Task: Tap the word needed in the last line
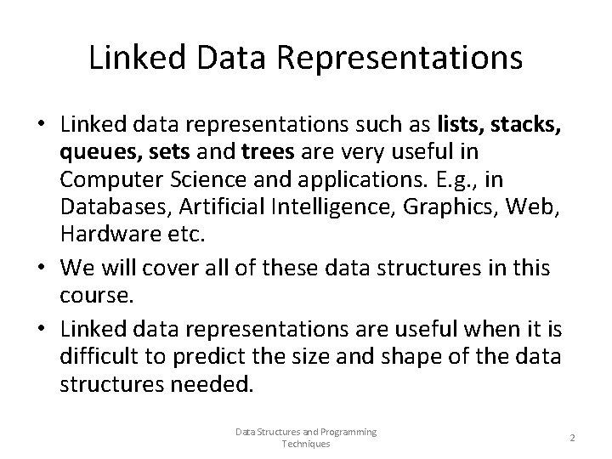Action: pos(211,384)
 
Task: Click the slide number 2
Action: pos(572,438)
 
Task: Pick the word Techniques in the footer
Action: pos(306,444)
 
